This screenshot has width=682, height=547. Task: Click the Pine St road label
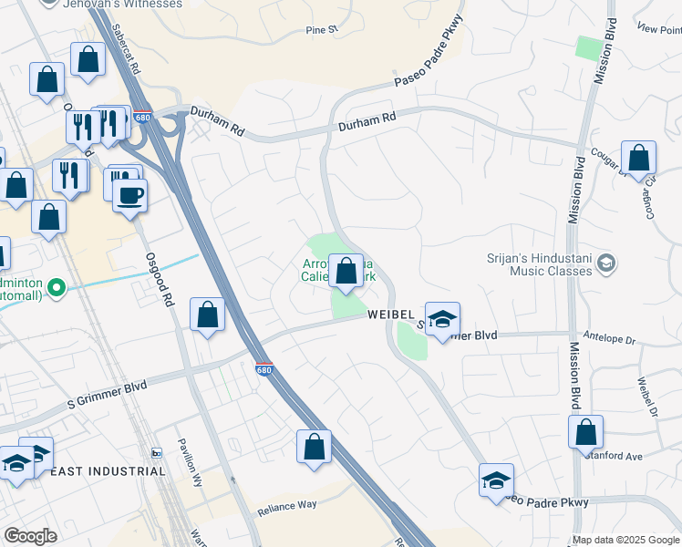point(322,29)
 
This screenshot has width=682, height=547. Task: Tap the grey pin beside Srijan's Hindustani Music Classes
point(605,264)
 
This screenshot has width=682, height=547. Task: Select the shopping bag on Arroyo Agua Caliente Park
point(346,271)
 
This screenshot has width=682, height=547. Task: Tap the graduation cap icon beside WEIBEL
point(442,320)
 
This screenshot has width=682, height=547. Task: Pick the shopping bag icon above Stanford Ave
point(586,432)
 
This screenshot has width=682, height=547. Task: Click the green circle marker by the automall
point(57,289)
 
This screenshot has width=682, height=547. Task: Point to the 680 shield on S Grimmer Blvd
point(263,367)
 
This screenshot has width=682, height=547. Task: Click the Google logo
point(30,537)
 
